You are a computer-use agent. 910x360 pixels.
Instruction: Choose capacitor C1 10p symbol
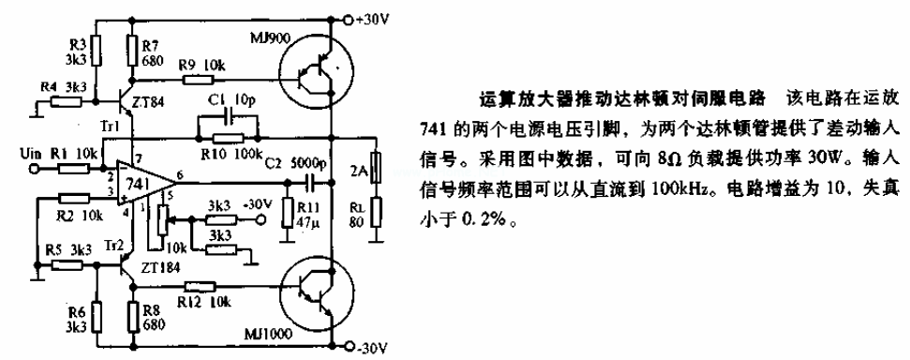[x=226, y=119]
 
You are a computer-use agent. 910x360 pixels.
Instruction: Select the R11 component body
[x=287, y=211]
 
